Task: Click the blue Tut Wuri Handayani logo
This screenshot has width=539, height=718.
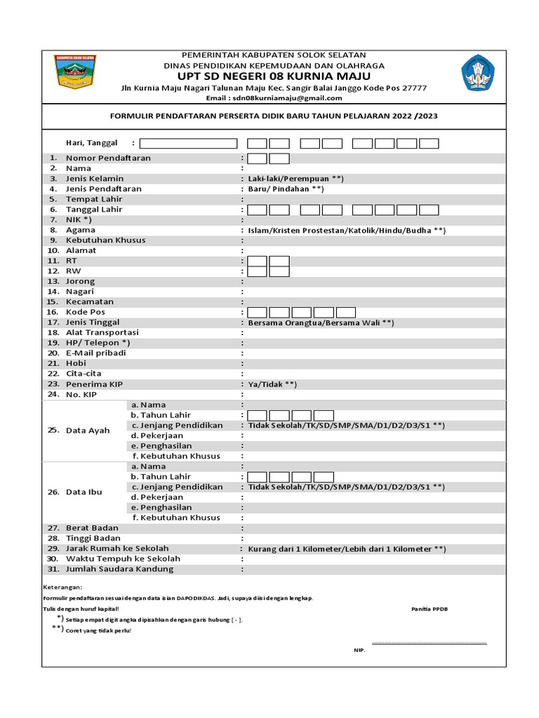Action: [477, 74]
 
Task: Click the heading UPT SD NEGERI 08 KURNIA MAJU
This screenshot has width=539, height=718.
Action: [274, 76]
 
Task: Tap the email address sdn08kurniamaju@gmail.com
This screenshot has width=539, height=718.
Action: [274, 98]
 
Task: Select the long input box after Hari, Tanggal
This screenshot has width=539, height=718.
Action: [188, 143]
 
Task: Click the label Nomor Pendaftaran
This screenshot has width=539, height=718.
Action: [108, 158]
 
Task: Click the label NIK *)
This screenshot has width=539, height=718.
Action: [81, 219]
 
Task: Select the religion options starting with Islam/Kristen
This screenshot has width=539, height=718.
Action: [347, 230]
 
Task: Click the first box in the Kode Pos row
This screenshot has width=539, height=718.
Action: [258, 312]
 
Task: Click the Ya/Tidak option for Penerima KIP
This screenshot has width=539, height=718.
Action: [272, 384]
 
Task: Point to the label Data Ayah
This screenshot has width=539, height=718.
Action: [88, 431]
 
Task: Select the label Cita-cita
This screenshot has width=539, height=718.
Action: [84, 374]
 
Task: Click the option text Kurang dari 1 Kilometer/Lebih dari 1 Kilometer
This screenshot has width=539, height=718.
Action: [347, 549]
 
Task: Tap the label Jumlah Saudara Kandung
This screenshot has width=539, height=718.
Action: [119, 569]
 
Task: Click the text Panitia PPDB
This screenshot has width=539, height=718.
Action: [430, 609]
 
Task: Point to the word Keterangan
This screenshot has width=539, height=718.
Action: [62, 587]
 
